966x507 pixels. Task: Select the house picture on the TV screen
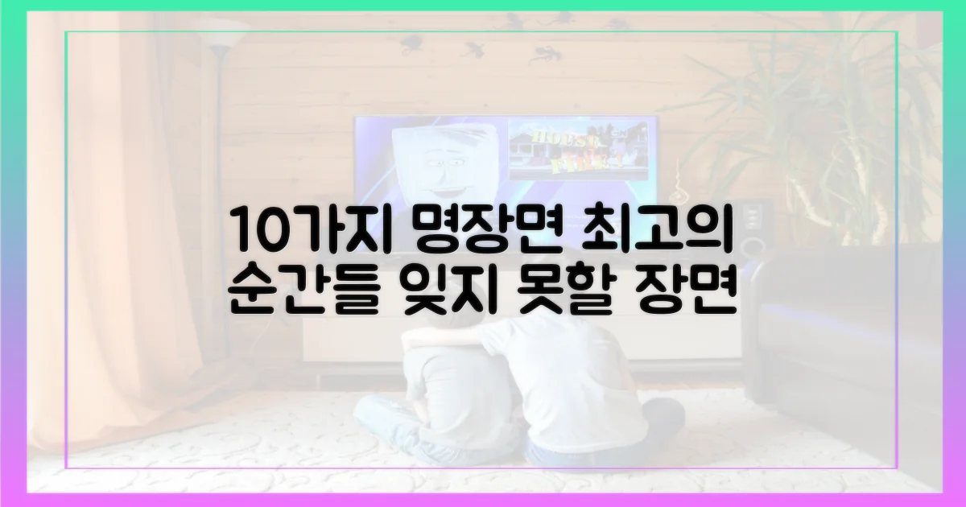click(x=578, y=150)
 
